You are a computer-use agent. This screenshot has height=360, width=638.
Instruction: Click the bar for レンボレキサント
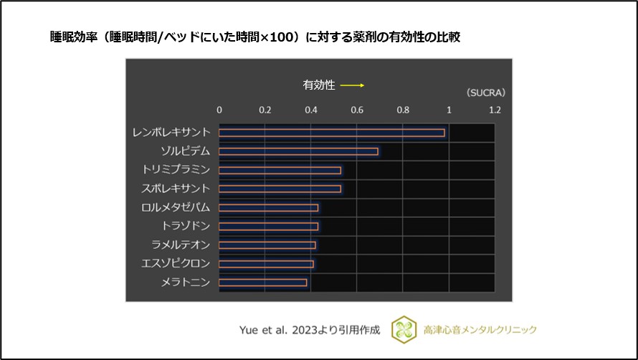331,133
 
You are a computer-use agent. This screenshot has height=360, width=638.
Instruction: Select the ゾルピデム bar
298,151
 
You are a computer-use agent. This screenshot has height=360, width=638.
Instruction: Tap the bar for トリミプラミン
280,170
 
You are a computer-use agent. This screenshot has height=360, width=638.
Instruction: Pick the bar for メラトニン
262,283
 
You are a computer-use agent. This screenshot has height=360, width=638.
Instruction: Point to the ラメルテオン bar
267,245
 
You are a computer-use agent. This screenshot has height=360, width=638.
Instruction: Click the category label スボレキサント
176,189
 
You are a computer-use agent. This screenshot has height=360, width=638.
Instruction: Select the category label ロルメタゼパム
176,207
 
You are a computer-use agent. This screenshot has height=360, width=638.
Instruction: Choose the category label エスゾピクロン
176,264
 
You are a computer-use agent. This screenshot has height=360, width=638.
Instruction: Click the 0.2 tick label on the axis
265,110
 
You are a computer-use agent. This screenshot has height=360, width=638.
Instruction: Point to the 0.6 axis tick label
357,110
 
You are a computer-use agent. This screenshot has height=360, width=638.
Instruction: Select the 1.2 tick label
495,110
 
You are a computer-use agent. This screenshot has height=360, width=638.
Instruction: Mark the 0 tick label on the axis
219,110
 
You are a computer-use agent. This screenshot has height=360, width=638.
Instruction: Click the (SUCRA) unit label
485,93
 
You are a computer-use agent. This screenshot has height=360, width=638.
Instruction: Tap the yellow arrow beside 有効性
352,85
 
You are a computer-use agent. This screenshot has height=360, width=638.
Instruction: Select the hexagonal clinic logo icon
404,329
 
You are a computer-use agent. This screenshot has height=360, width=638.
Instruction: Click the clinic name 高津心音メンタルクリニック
480,330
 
